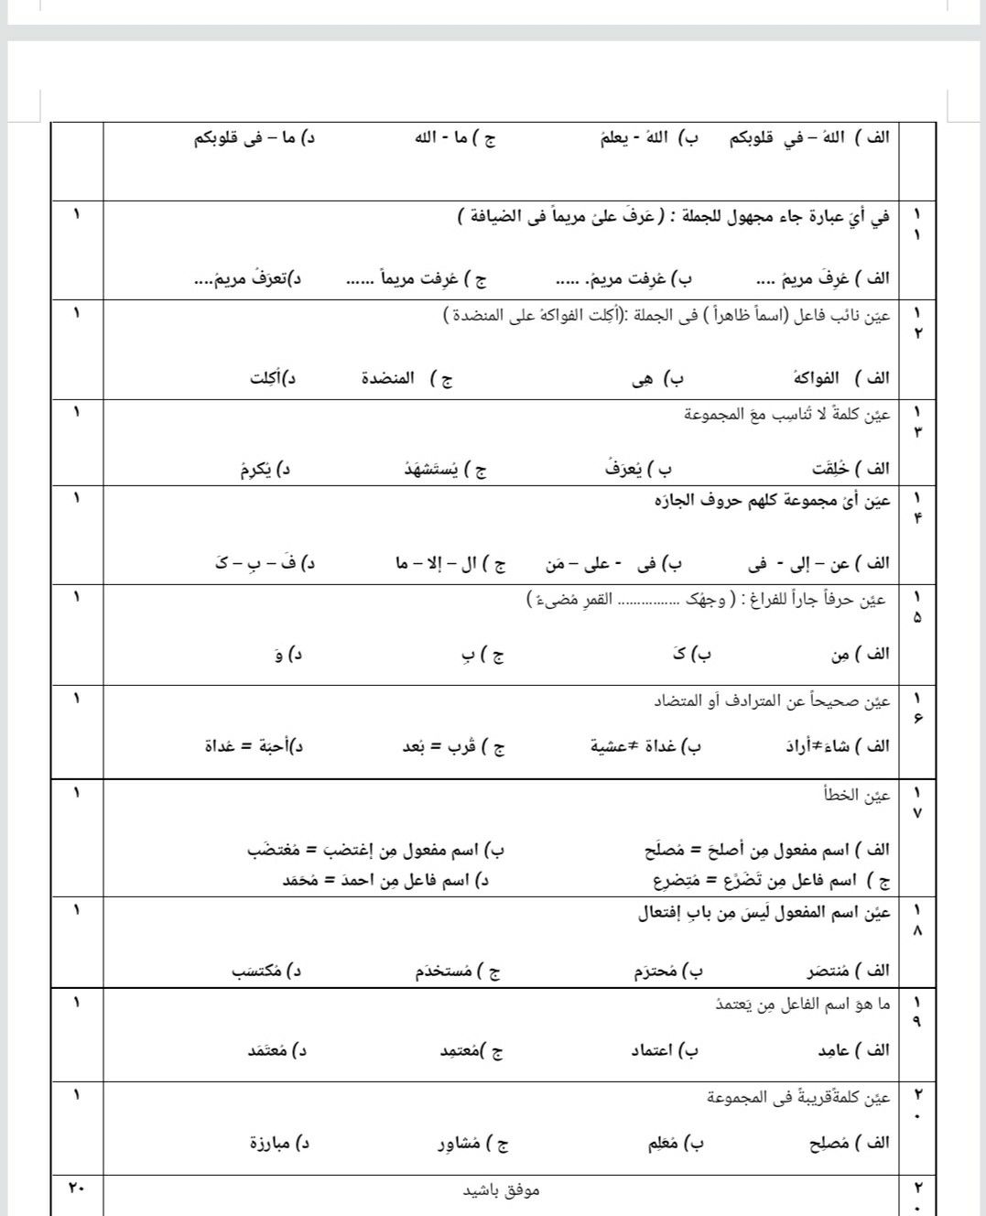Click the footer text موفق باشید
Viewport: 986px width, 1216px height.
click(501, 1189)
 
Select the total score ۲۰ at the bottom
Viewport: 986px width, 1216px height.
click(76, 1189)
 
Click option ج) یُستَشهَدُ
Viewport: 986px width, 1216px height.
click(446, 470)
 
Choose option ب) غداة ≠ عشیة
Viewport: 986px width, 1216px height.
click(646, 746)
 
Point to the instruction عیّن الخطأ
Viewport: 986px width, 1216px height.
click(857, 795)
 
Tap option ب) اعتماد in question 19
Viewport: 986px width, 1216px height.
click(664, 1050)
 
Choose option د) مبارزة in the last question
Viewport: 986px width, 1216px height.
click(280, 1143)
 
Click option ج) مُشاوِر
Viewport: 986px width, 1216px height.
click(472, 1143)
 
